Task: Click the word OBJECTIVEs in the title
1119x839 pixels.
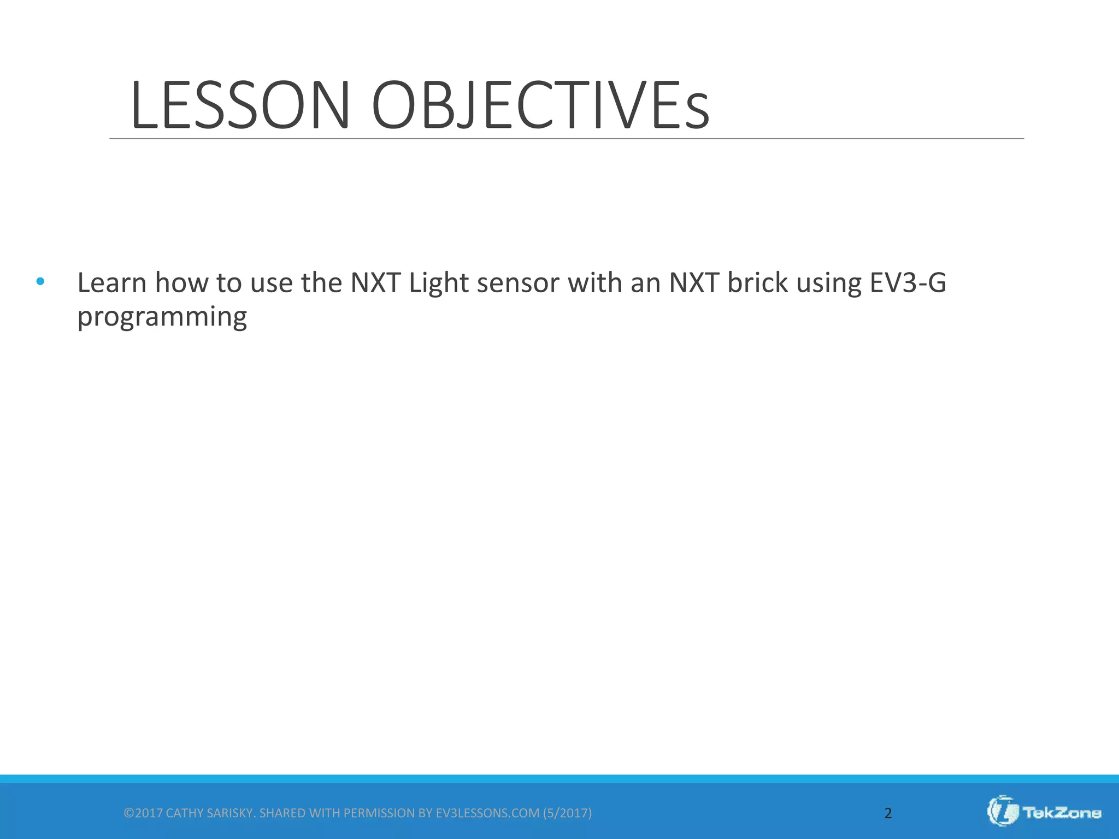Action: pos(540,105)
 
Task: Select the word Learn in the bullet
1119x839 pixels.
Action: pos(112,283)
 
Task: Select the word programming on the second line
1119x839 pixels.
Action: pos(162,317)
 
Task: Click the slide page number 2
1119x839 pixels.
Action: pos(888,813)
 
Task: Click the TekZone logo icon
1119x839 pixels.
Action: pos(1003,811)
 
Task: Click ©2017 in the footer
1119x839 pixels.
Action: pos(143,813)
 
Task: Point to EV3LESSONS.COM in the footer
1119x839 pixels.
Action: pos(487,813)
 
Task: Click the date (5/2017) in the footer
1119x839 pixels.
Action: pos(567,813)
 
